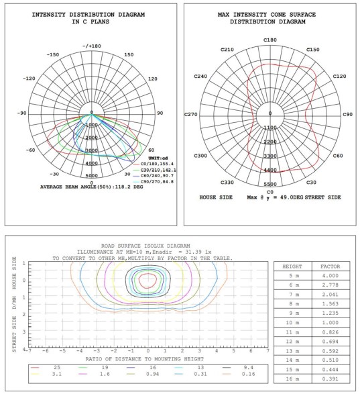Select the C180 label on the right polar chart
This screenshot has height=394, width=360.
[x=270, y=40]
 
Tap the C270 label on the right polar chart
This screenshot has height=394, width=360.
[x=192, y=114]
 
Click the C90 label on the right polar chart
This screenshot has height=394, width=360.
[x=348, y=114]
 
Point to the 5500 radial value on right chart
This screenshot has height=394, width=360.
[x=270, y=184]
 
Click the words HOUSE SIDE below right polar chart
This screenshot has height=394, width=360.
[x=217, y=198]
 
